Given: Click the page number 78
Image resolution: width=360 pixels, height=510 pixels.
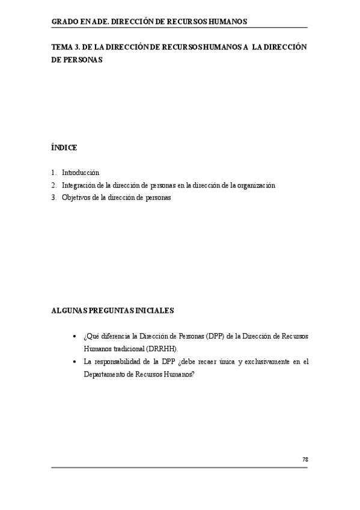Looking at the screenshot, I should click(305, 459).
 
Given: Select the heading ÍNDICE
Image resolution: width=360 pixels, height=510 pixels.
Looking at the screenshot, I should click(64, 147).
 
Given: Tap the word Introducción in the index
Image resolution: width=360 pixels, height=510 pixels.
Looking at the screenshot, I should click(81, 173).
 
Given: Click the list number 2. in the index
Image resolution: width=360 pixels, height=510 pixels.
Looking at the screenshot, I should click(54, 185).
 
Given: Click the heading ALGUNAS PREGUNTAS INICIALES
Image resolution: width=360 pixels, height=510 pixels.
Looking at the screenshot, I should click(112, 310).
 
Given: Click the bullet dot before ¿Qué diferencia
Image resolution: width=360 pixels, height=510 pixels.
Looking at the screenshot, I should click(74, 336).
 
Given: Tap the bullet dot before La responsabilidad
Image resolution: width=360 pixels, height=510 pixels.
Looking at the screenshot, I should click(74, 361).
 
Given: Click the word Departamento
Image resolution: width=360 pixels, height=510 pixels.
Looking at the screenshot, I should click(105, 373).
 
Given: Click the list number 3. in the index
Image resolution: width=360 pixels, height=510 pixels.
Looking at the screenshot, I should click(54, 198).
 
